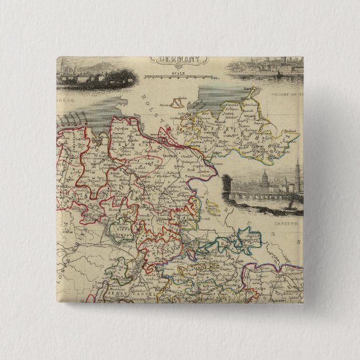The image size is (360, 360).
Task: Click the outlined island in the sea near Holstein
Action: pyautogui.click(x=179, y=102)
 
